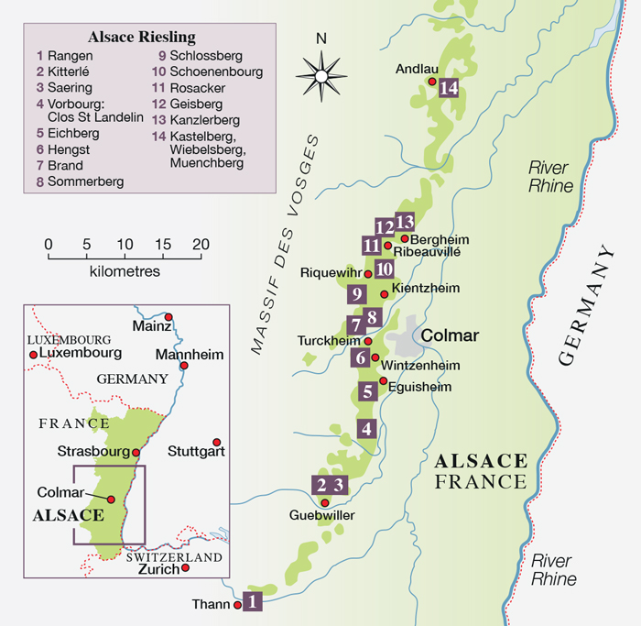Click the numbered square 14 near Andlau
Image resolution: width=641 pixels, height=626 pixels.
pyautogui.click(x=448, y=89)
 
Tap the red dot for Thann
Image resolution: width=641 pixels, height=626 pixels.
pyautogui.click(x=237, y=605)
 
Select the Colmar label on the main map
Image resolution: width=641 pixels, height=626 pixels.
pyautogui.click(x=450, y=336)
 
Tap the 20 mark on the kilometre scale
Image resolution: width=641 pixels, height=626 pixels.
pyautogui.click(x=201, y=246)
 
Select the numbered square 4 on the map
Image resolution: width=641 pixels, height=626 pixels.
pyautogui.click(x=366, y=428)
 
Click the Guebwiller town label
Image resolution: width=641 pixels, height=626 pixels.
pyautogui.click(x=322, y=516)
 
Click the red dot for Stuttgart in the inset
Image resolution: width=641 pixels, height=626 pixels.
pyautogui.click(x=217, y=442)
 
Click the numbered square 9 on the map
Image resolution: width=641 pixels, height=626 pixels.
pyautogui.click(x=357, y=294)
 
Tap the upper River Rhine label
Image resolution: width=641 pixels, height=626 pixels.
pyautogui.click(x=549, y=177)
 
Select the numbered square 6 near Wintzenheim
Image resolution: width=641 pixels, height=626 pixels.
pyautogui.click(x=363, y=357)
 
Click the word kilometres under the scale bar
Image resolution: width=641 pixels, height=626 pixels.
pyautogui.click(x=125, y=272)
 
